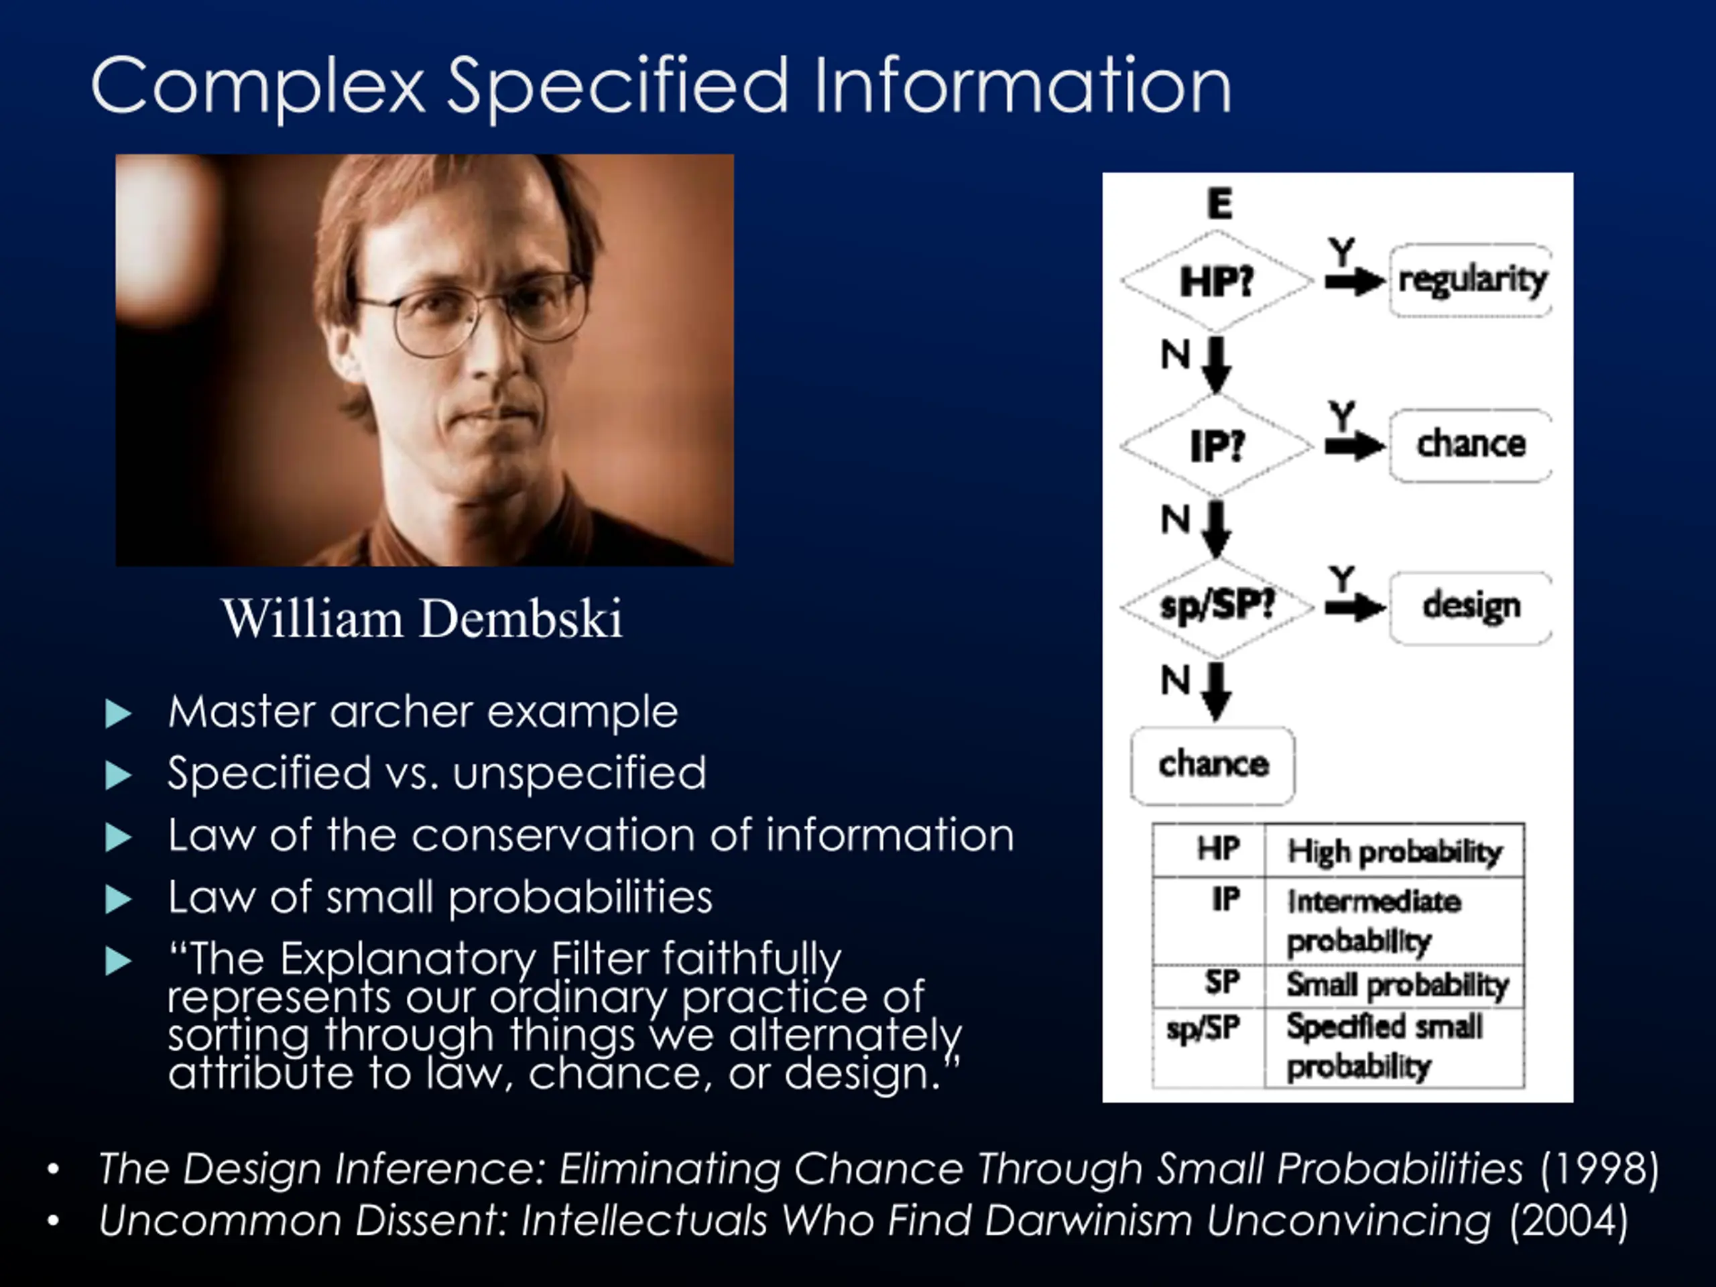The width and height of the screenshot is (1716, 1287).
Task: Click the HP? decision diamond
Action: coord(1217,281)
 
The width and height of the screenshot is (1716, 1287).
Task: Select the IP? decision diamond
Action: coord(1217,445)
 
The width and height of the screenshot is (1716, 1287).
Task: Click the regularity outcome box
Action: coord(1471,280)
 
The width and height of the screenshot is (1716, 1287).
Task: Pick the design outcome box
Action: coord(1471,607)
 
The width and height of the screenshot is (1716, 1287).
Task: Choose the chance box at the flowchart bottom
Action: coord(1213,765)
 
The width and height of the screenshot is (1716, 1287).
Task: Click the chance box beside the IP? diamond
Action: coord(1471,445)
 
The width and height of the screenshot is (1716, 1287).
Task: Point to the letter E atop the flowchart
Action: coord(1219,204)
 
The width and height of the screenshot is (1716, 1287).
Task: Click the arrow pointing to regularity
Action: coord(1355,281)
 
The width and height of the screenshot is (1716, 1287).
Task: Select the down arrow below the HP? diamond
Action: coord(1216,364)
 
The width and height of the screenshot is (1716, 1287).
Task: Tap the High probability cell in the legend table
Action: coord(1394,852)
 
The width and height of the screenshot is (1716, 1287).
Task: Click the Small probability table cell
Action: coord(1394,985)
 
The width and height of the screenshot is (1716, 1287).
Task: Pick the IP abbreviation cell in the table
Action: coord(1209,921)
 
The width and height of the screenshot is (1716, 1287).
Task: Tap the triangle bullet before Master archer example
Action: coord(118,714)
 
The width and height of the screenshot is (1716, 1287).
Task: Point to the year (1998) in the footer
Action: coord(1599,1168)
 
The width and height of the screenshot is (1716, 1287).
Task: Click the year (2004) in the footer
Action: coord(1569,1221)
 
